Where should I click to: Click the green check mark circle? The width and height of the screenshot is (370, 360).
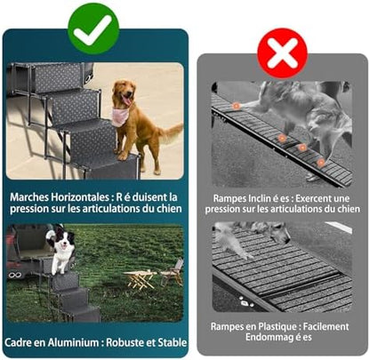click(x=93, y=29)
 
